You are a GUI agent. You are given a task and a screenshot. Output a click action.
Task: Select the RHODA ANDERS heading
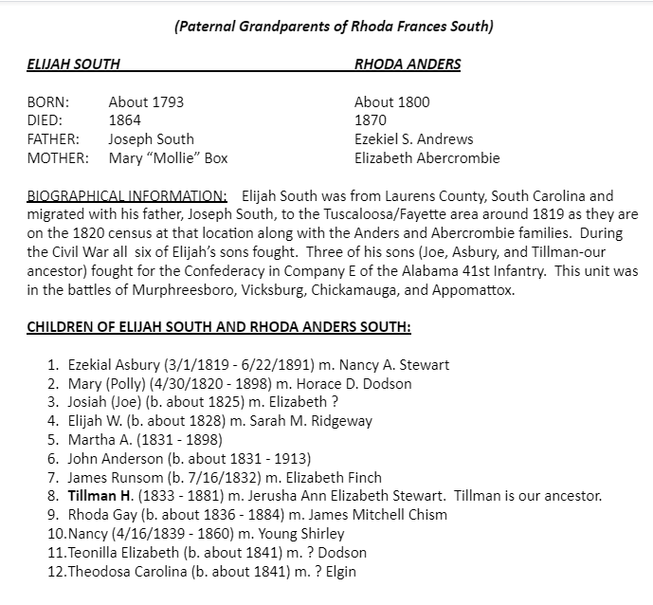click(x=408, y=65)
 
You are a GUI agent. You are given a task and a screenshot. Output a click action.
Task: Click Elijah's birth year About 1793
click(x=146, y=102)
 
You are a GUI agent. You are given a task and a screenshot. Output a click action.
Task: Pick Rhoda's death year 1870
click(x=371, y=120)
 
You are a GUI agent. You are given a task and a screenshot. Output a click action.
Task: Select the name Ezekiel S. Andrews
click(x=413, y=139)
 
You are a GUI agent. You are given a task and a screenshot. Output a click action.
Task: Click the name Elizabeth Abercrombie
click(x=426, y=158)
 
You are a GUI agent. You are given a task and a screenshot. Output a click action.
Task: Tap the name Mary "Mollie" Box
click(x=168, y=158)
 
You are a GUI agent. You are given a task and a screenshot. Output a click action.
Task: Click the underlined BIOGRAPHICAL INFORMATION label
click(x=126, y=196)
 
